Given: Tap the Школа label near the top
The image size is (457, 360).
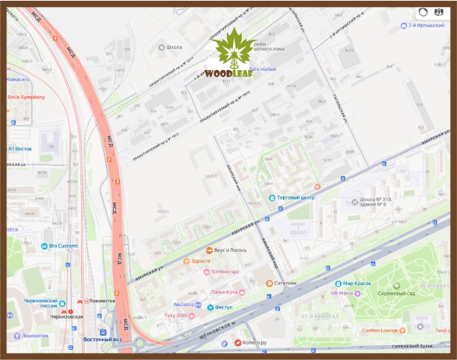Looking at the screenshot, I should (x=174, y=47).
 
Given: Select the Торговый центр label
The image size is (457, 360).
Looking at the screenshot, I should (x=294, y=197).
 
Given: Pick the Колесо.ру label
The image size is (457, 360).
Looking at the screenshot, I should (x=256, y=342).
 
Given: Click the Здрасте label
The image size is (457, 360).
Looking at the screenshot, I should (x=201, y=261).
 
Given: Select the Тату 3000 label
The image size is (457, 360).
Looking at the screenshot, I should (x=175, y=316).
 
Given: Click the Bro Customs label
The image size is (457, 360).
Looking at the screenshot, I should (x=63, y=246).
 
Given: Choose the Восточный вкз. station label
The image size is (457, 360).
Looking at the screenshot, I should (x=101, y=340).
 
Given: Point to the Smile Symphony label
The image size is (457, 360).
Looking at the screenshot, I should (x=27, y=97).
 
